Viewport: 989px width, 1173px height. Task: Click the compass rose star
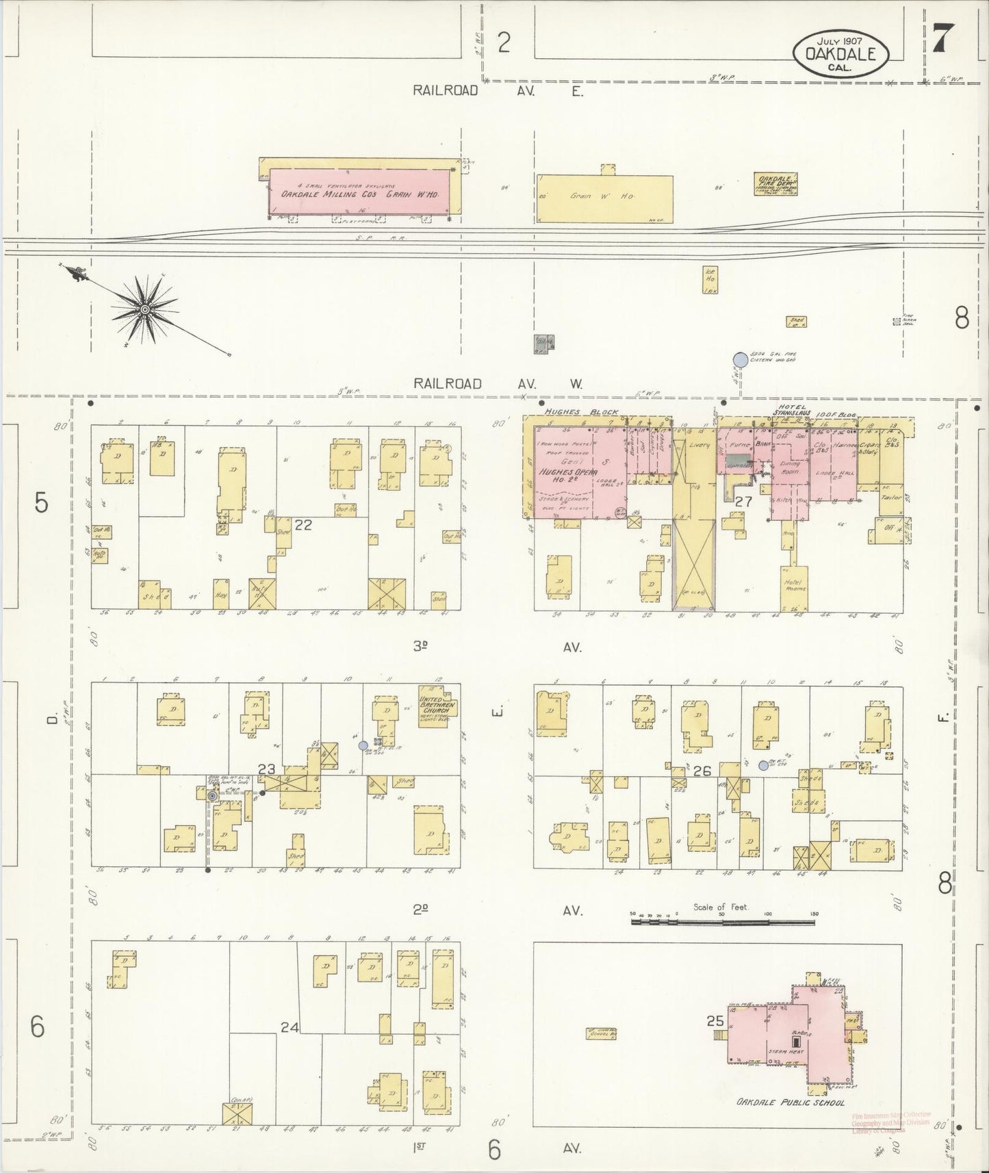pyautogui.click(x=144, y=309)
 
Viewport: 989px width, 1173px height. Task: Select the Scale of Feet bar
pyautogui.click(x=723, y=922)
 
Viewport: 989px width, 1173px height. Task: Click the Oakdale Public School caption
pyautogui.click(x=790, y=1103)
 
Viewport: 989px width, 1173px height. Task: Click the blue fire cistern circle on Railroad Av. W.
pyautogui.click(x=740, y=359)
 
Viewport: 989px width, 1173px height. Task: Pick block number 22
pyautogui.click(x=303, y=525)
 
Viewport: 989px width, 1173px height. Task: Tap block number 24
pyautogui.click(x=290, y=1027)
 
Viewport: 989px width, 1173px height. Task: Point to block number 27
pyautogui.click(x=743, y=501)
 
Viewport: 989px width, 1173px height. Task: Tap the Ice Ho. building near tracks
pyautogui.click(x=710, y=280)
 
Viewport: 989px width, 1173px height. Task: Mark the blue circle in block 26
pyautogui.click(x=763, y=766)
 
